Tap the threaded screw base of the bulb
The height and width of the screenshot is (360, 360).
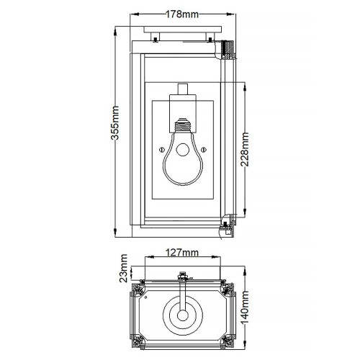(181, 130)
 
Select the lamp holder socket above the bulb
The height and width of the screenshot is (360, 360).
(181, 108)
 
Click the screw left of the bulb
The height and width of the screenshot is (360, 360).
(160, 150)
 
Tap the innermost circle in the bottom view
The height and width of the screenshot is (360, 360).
(181, 315)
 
